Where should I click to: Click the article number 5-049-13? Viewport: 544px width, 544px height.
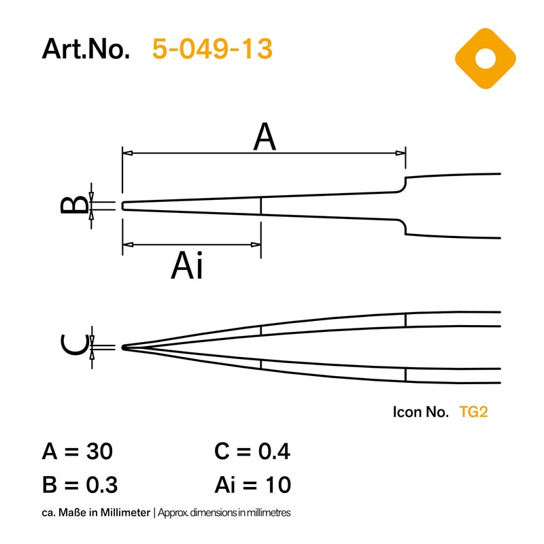(x=212, y=49)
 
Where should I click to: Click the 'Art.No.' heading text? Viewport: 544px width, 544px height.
(x=86, y=49)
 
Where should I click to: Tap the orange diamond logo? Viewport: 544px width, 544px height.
(x=486, y=58)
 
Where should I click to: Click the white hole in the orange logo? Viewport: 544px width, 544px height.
(x=486, y=58)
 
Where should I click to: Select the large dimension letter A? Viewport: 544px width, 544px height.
(x=265, y=138)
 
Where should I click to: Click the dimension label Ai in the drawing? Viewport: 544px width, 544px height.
(x=187, y=265)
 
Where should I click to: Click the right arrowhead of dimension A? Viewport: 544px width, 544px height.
(x=402, y=154)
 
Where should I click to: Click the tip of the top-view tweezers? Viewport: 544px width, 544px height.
(x=124, y=205)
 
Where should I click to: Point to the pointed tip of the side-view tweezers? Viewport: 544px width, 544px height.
(x=123, y=347)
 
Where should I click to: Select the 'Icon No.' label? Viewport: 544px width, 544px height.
(x=420, y=411)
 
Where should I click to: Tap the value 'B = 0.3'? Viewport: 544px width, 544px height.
(x=80, y=485)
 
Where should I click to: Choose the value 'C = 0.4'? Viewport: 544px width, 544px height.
(x=252, y=452)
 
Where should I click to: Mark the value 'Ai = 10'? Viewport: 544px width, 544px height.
(x=252, y=485)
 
